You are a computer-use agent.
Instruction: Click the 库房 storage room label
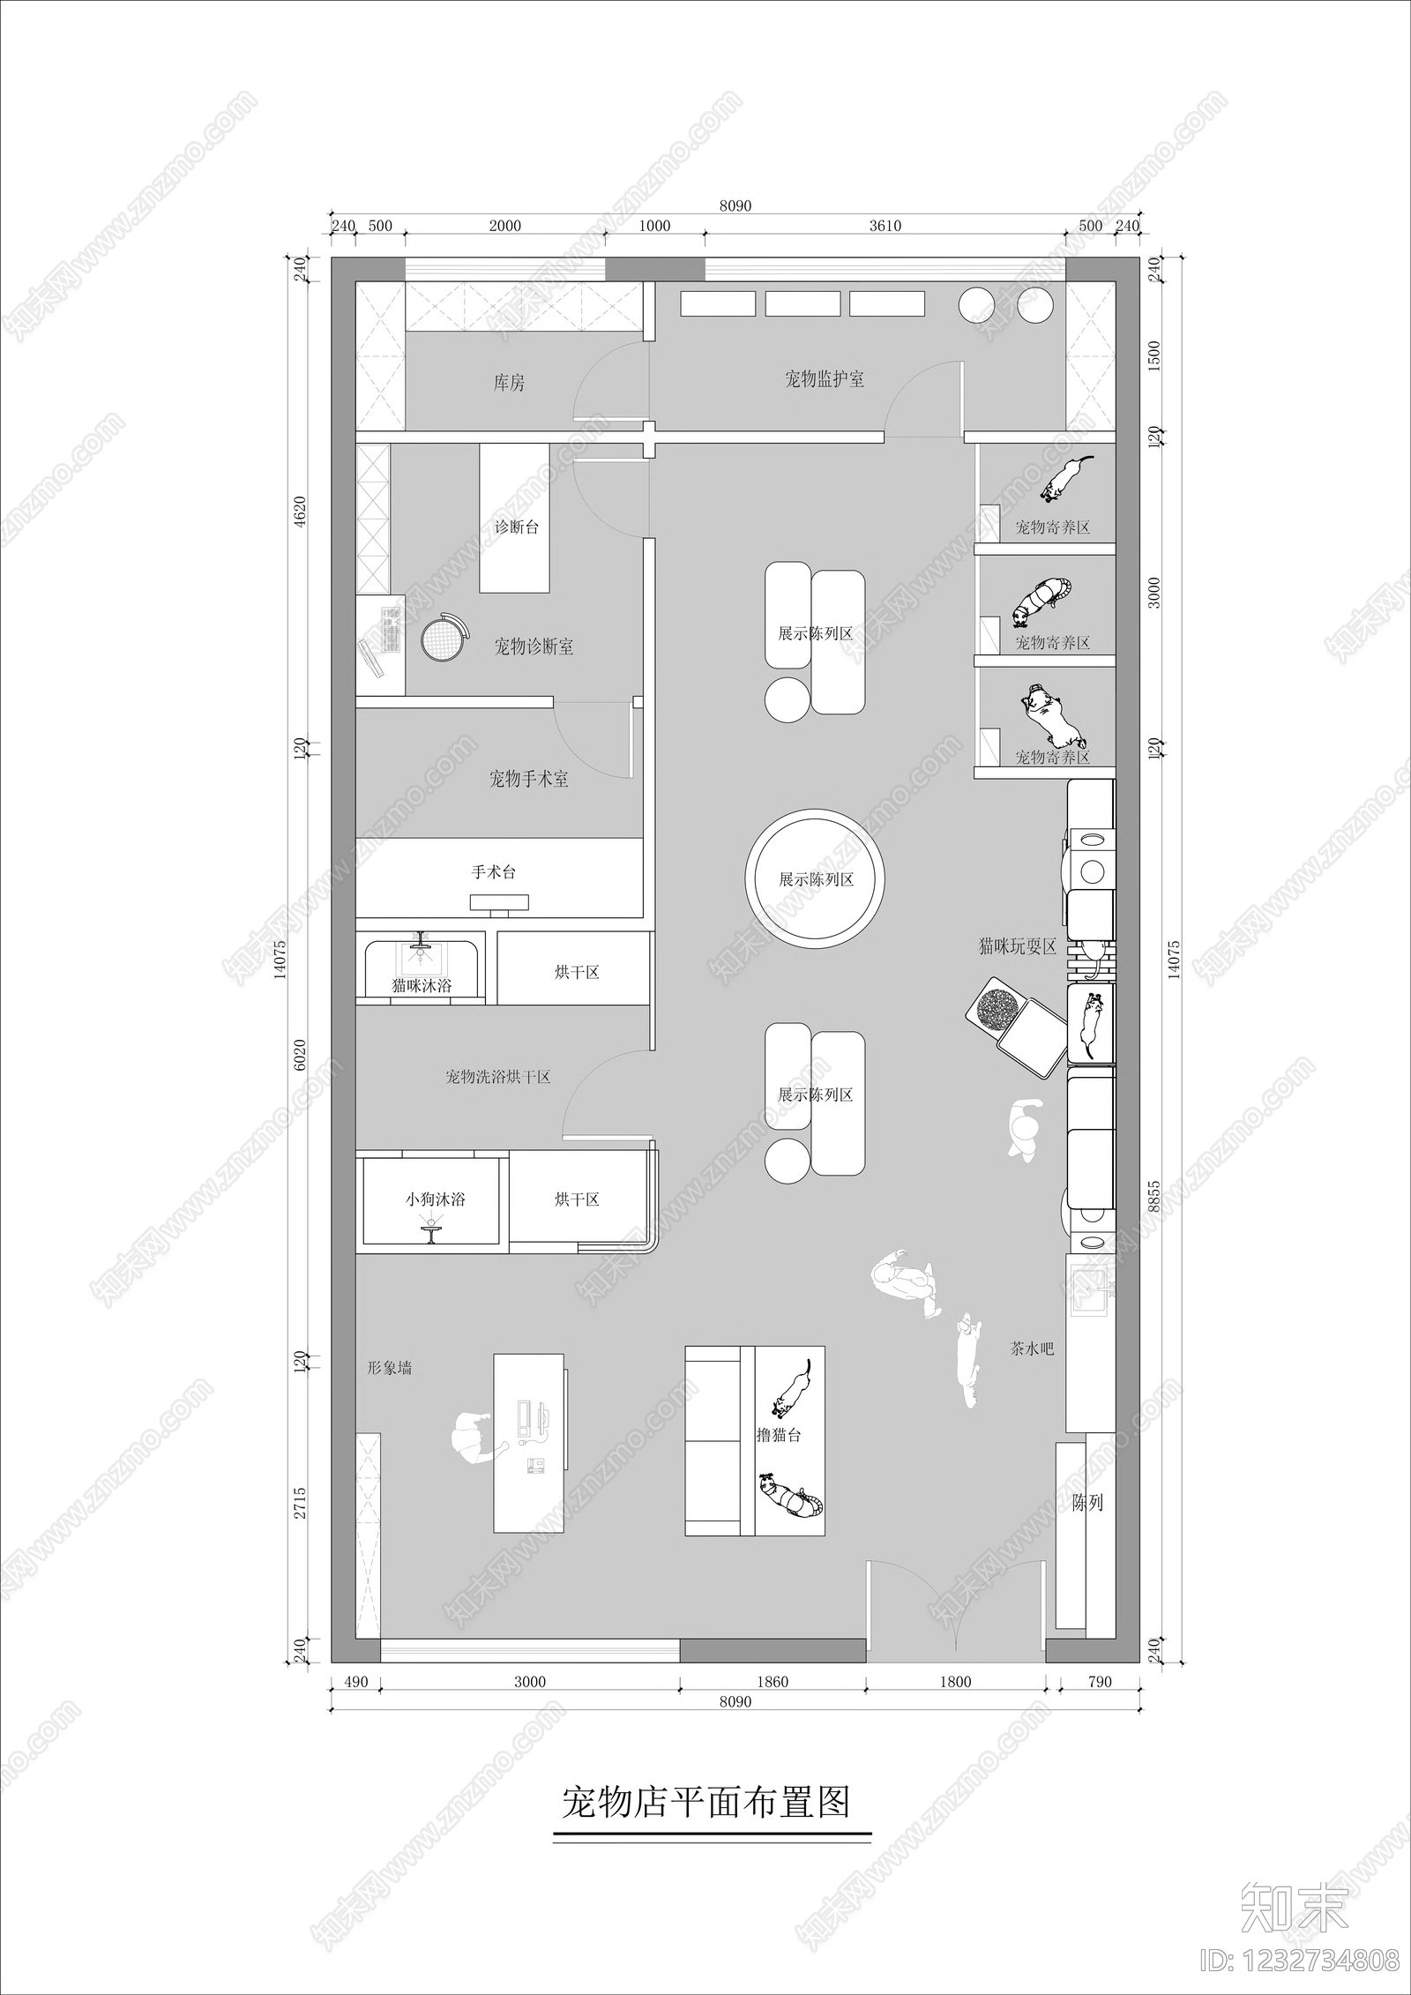pyautogui.click(x=509, y=384)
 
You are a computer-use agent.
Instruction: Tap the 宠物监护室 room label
pyautogui.click(x=825, y=379)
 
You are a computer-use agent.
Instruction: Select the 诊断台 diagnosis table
pyautogui.click(x=515, y=518)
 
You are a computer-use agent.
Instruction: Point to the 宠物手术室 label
pyautogui.click(x=528, y=779)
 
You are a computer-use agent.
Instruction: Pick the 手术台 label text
pyautogui.click(x=493, y=872)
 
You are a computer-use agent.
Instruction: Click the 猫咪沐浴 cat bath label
pyautogui.click(x=422, y=986)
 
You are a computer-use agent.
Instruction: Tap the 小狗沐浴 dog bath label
pyautogui.click(x=436, y=1199)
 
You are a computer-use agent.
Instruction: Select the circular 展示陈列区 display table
pyautogui.click(x=815, y=880)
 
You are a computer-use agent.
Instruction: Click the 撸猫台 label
pyautogui.click(x=779, y=1435)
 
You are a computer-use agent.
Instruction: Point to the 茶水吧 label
pyautogui.click(x=1032, y=1349)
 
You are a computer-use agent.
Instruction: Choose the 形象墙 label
pyautogui.click(x=390, y=1368)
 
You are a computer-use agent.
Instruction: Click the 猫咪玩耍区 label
pyautogui.click(x=1018, y=947)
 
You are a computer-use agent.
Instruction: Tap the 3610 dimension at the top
pyautogui.click(x=885, y=226)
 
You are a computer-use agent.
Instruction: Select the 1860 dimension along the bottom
pyautogui.click(x=773, y=1682)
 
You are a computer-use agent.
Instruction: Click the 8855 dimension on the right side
pyautogui.click(x=1156, y=1199)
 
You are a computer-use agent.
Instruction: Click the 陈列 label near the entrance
pyautogui.click(x=1087, y=1503)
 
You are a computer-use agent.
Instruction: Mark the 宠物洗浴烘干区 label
pyautogui.click(x=498, y=1077)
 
